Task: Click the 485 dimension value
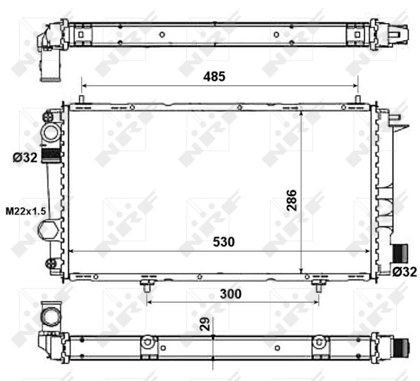214,76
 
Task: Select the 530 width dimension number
222,242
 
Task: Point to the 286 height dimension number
291,201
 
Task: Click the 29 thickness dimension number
205,324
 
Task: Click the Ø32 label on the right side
404,272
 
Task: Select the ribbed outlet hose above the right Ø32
400,253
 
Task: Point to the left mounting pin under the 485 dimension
82,99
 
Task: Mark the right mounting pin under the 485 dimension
358,99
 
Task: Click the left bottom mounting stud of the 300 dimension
147,286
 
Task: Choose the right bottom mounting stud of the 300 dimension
317,286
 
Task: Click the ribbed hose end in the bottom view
400,348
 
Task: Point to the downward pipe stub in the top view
48,67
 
